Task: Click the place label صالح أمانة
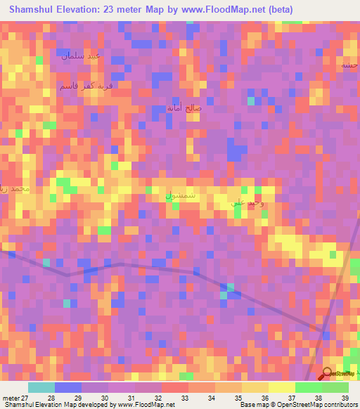click(184, 108)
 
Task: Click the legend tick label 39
click(345, 398)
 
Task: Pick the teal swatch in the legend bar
click(41, 387)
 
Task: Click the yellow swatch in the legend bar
click(281, 387)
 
